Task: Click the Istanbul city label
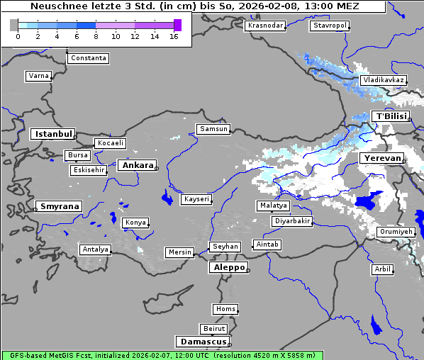[53, 133]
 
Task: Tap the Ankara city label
[138, 165]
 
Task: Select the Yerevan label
[381, 158]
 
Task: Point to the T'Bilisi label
[391, 116]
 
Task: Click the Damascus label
[201, 342]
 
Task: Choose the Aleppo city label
[228, 267]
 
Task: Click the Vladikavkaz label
[383, 80]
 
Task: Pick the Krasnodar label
[265, 26]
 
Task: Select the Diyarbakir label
[292, 221]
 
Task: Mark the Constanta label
[89, 58]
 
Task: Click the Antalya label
[95, 249]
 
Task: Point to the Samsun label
[213, 129]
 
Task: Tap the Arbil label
[382, 269]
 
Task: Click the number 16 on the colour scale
[174, 36]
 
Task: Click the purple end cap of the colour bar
[177, 25]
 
